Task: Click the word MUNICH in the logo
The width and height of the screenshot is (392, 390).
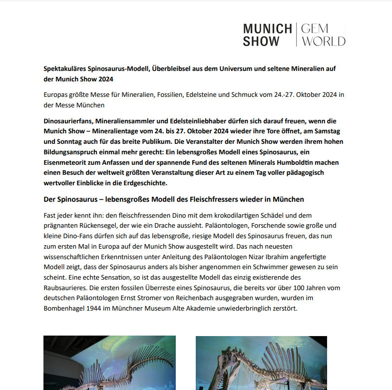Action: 267,29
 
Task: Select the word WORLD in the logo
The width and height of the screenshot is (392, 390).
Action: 323,41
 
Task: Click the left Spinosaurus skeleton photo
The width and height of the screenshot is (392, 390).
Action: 109,363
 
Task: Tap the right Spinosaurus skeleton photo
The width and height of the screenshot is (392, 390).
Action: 261,363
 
